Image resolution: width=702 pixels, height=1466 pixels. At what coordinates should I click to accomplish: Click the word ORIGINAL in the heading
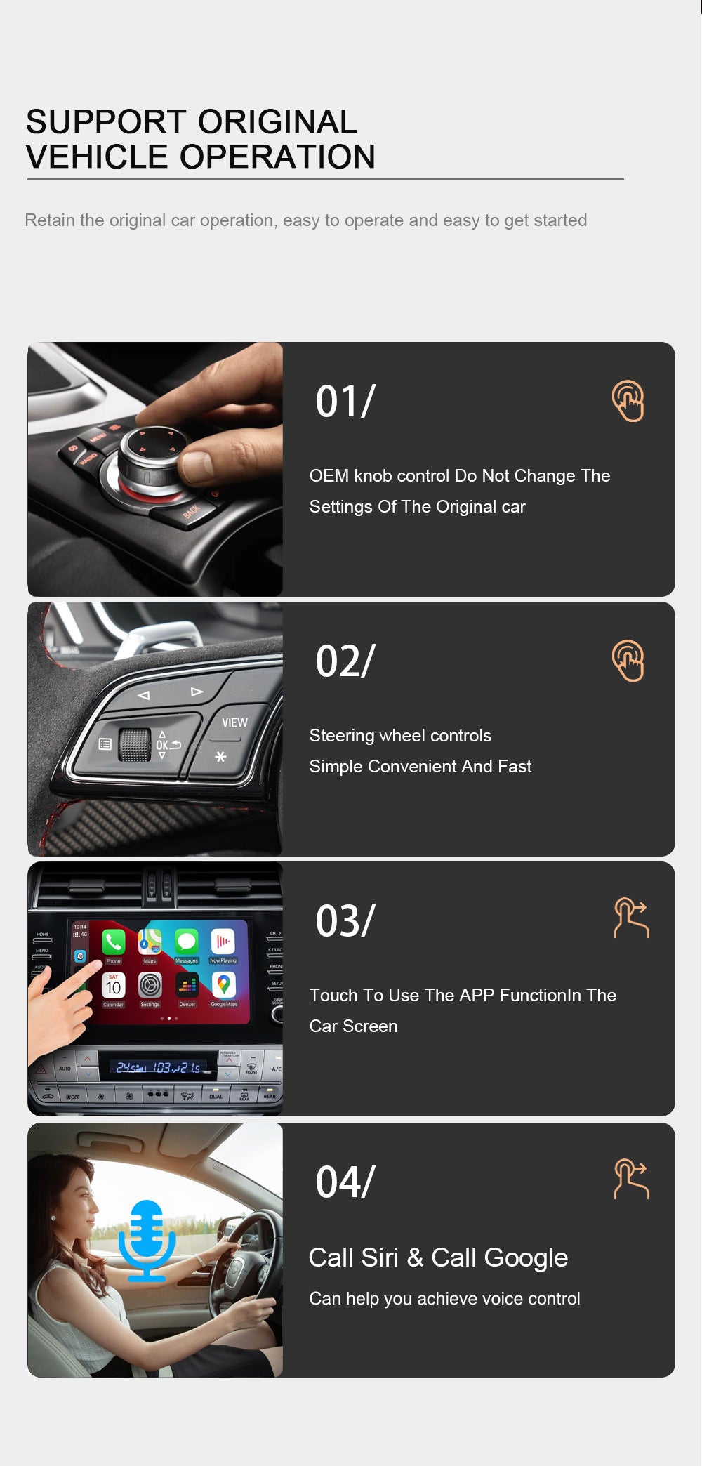[277, 122]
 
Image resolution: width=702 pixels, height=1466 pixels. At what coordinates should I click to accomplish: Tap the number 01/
[345, 402]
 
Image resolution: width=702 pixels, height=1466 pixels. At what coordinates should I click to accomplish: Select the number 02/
[345, 661]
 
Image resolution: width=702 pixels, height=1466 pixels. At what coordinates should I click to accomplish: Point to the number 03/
[345, 921]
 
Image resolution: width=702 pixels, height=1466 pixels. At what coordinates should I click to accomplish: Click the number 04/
[345, 1182]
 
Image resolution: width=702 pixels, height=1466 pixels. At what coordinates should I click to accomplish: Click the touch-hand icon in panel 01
[628, 401]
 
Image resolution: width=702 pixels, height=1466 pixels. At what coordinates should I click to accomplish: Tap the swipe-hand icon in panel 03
[631, 918]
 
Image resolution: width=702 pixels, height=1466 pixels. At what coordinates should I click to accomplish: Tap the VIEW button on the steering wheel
[234, 722]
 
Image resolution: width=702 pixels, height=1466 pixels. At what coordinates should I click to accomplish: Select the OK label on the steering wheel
[162, 745]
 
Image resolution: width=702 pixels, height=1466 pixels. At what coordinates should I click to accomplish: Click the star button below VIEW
[220, 757]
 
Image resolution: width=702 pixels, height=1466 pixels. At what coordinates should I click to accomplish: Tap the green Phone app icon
[114, 942]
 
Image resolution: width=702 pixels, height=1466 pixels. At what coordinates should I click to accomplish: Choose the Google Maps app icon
[223, 986]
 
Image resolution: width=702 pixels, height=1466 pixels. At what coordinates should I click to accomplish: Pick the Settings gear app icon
[150, 986]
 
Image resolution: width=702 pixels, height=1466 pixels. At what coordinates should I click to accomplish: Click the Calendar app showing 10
[114, 986]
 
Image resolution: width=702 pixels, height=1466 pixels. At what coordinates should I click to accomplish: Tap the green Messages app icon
[187, 942]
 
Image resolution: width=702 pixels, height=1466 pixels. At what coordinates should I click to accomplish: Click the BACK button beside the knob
[191, 511]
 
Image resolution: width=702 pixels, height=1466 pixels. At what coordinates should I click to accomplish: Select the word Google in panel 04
[525, 1257]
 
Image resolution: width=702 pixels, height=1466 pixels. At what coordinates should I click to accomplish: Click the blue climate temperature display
[159, 1068]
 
